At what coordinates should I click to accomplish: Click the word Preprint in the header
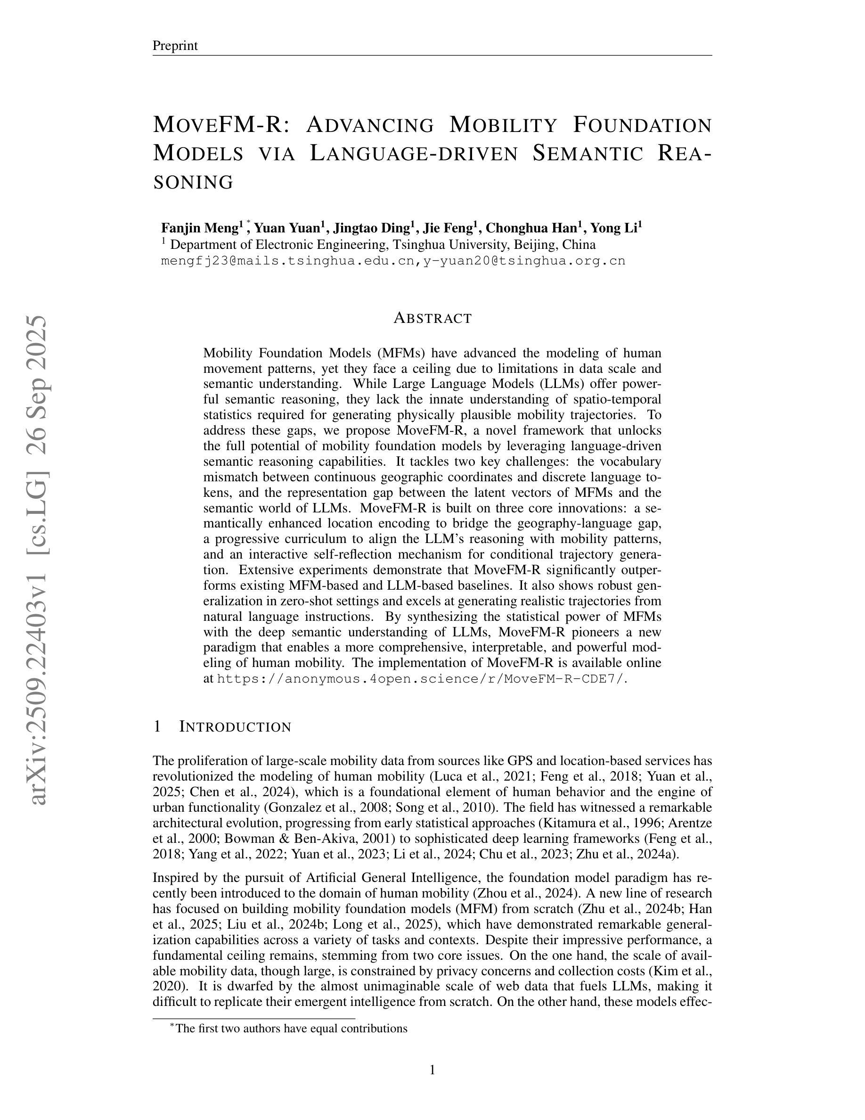tap(175, 46)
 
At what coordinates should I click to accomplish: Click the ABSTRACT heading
tap(432, 318)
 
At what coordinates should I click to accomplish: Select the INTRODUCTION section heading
tap(235, 727)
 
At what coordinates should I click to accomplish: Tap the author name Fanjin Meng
tap(199, 227)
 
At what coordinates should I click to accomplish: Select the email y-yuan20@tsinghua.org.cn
tap(524, 261)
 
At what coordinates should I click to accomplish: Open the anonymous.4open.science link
tap(420, 678)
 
